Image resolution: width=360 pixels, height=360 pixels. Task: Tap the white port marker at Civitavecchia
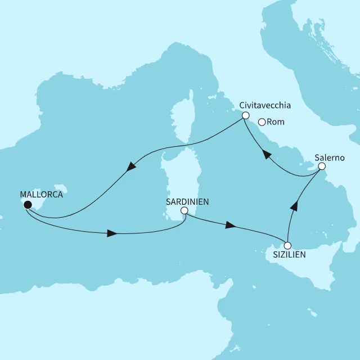pos(245,115)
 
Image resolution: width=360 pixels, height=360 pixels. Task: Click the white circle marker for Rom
pos(262,121)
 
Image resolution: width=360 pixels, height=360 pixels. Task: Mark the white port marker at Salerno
pos(322,166)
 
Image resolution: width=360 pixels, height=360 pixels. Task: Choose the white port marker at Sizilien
pos(287,245)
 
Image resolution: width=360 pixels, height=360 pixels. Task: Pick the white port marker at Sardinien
pos(183,211)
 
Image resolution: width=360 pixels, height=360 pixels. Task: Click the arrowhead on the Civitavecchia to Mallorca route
pos(130,166)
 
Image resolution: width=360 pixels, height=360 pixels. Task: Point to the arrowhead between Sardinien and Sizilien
pos(229,225)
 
